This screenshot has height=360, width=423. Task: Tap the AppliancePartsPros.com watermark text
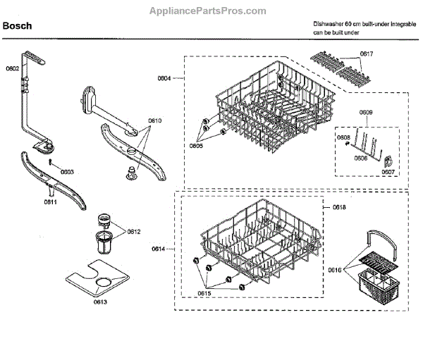(x=208, y=11)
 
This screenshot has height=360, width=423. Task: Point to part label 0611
(x=51, y=201)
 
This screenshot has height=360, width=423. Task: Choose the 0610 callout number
(x=155, y=121)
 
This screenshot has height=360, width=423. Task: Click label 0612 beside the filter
(x=133, y=232)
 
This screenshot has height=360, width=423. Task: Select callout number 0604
(x=164, y=79)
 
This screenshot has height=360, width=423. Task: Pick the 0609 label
(x=366, y=113)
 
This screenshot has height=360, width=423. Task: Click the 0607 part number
(x=387, y=170)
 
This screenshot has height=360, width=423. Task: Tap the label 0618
(x=338, y=208)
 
